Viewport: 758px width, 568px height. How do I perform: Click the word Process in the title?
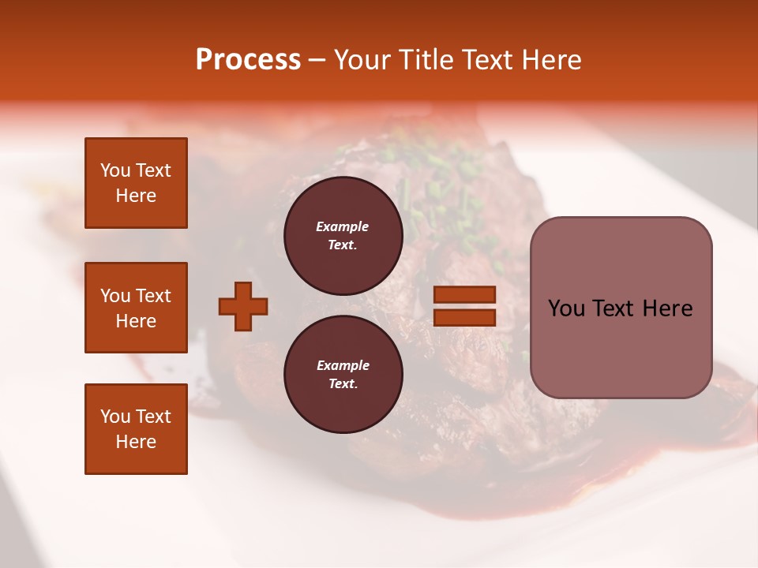point(248,60)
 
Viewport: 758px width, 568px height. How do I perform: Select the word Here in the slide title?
point(551,60)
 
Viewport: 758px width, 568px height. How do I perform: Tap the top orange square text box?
point(136,183)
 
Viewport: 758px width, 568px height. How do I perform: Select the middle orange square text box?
point(136,308)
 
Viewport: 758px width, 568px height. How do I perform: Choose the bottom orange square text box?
point(136,428)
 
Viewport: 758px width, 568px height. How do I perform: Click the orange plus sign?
point(243,306)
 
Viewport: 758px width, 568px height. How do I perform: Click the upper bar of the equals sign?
point(464,295)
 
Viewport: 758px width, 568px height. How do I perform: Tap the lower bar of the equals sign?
point(464,317)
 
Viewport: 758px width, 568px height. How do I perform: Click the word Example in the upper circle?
point(343,226)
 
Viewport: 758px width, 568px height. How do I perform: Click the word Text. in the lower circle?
point(343,383)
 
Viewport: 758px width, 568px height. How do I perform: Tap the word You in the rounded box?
point(567,308)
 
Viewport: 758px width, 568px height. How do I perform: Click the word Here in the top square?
point(136,196)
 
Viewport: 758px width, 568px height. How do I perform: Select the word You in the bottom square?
point(115,417)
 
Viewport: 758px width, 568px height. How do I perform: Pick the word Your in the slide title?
point(361,60)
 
